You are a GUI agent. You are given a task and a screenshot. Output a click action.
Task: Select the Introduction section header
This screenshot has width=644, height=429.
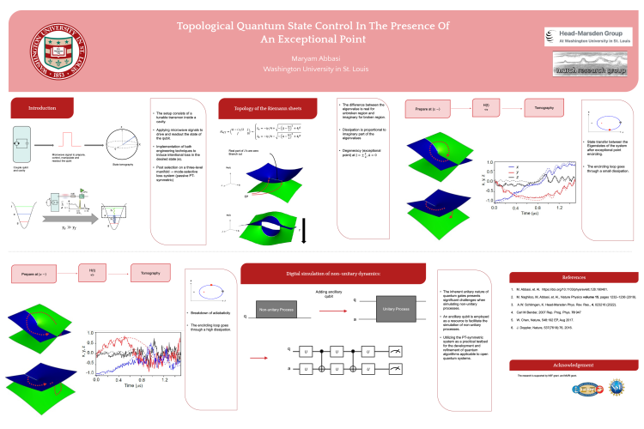(x=43, y=109)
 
